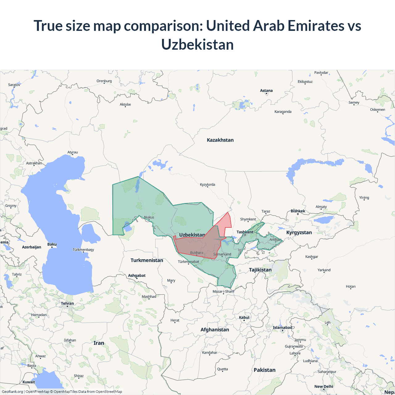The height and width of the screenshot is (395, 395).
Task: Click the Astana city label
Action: [x=266, y=91]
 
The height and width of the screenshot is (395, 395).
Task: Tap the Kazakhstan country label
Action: [x=220, y=140]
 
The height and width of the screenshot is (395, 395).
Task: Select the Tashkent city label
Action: [x=245, y=232]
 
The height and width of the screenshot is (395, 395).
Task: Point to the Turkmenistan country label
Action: [x=147, y=260]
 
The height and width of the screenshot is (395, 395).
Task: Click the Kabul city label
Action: [x=244, y=318]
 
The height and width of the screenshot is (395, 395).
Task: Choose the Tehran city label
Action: [x=67, y=304]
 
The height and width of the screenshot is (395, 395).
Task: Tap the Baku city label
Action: [x=52, y=244]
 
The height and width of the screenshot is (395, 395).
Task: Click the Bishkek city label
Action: [x=298, y=211]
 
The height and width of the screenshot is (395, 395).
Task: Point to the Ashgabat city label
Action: [x=137, y=276]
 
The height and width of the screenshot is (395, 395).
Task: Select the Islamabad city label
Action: [x=282, y=328]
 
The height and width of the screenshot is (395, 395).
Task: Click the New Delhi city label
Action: [x=324, y=387]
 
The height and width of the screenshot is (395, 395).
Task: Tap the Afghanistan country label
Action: [x=215, y=330]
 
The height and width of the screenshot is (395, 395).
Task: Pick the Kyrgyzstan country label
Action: [x=299, y=233]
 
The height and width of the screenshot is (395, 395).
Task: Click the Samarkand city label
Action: [x=222, y=254]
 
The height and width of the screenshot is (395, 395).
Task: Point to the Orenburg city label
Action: [x=104, y=81]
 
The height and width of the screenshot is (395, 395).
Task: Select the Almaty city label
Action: [x=321, y=207]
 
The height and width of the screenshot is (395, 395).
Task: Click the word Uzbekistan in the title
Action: [x=197, y=45]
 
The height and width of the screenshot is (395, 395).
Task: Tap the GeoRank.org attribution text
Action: [x=12, y=392]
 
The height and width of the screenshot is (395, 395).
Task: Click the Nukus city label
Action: [x=149, y=217]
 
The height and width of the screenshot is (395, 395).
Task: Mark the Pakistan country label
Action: [x=264, y=370]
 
